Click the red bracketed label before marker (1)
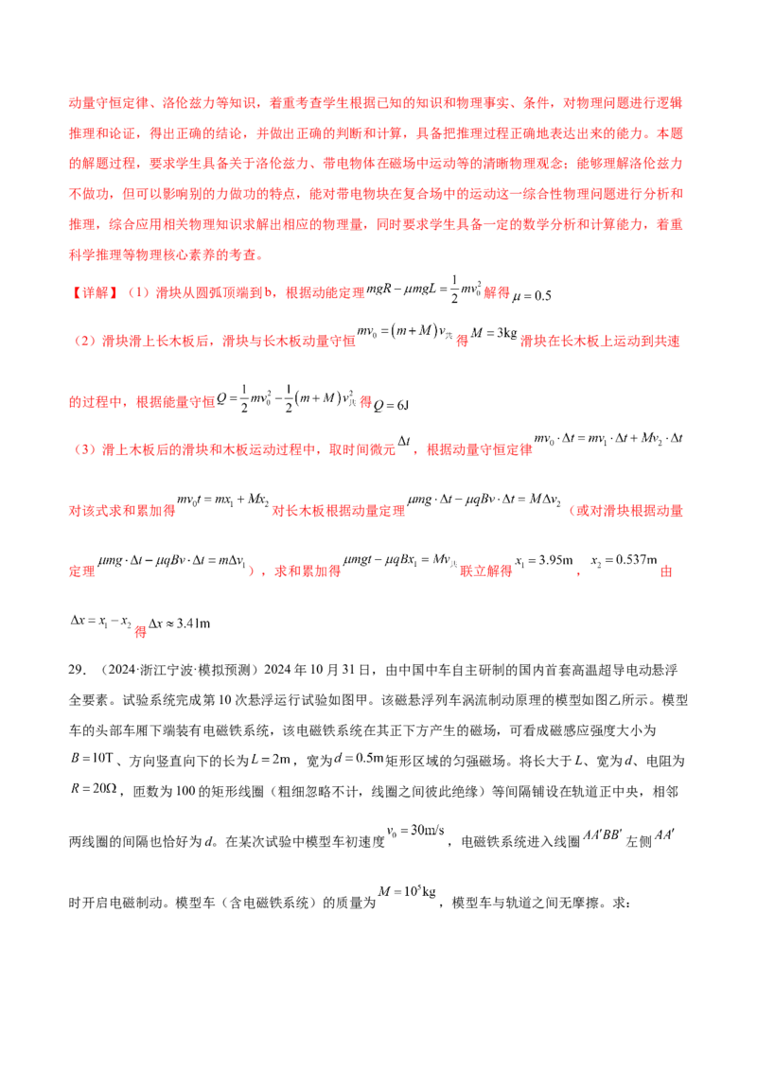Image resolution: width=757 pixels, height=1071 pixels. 96,293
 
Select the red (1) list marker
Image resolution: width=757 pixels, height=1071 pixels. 138,293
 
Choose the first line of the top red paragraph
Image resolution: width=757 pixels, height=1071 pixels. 378,101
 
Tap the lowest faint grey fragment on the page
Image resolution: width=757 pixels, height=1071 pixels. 408,892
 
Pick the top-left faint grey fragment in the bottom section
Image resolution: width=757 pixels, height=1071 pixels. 91,757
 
